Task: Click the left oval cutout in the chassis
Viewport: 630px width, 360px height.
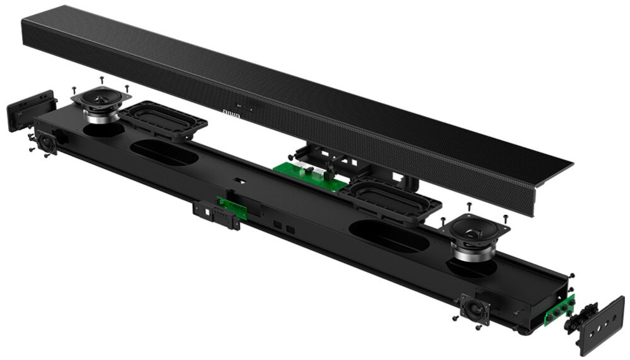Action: coord(163,153)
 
